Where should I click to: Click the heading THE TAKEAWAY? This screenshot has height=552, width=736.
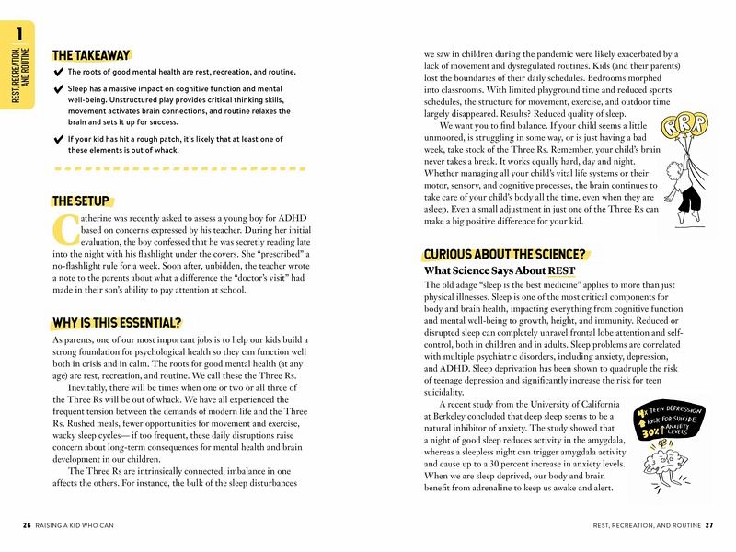tap(91, 55)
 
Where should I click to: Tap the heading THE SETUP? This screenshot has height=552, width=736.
tap(81, 201)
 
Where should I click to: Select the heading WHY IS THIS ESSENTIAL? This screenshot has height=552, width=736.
tap(117, 323)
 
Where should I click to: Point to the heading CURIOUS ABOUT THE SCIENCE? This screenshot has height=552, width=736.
tap(504, 254)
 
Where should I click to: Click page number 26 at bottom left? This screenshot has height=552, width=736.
tap(26, 525)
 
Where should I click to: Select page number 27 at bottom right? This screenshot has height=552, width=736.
tap(708, 525)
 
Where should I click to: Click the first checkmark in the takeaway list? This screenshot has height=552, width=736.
tap(59, 72)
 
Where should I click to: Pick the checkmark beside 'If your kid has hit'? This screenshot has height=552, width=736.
tap(59, 139)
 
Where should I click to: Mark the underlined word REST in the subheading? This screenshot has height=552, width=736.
tap(562, 271)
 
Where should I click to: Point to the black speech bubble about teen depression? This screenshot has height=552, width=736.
tap(670, 421)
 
